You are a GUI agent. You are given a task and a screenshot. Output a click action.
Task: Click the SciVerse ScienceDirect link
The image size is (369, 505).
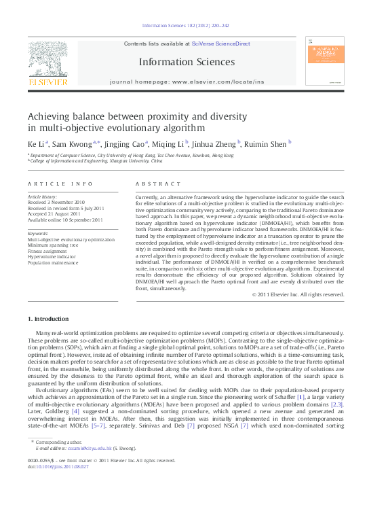pyautogui.click(x=220, y=43)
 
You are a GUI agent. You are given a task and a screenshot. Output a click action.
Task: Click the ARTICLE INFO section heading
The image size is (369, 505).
pyautogui.click(x=60, y=184)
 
